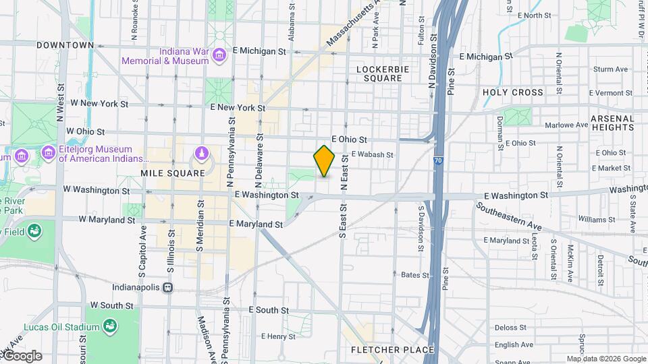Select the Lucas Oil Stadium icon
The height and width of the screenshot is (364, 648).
[x=110, y=327]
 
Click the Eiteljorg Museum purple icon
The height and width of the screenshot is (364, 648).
[x=48, y=152]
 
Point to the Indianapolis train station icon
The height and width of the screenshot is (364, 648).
[x=167, y=287]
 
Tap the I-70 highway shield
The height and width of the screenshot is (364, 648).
[x=438, y=162]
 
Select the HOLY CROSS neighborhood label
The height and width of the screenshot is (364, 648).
[x=512, y=92]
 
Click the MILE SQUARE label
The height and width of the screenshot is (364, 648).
[x=172, y=173]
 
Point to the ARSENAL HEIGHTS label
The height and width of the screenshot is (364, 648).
[x=612, y=122]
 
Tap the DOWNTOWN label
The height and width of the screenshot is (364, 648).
[x=65, y=45]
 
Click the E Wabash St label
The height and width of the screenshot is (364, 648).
[x=372, y=154]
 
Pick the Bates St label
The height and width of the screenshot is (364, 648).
[x=415, y=275]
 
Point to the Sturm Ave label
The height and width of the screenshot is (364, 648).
[x=610, y=69]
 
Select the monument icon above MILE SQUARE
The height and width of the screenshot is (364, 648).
[x=201, y=154]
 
